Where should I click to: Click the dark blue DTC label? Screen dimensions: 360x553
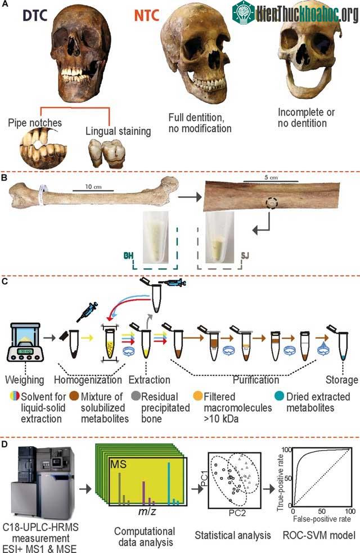click(x=35, y=16)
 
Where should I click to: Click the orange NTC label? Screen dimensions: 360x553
click(x=146, y=16)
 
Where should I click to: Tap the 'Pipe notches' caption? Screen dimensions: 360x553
click(x=35, y=123)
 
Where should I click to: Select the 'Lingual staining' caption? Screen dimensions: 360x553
click(x=118, y=131)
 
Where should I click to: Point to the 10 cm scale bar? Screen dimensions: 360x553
click(x=93, y=191)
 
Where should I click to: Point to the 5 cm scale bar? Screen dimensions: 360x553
click(x=271, y=182)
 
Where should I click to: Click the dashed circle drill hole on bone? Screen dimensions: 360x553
click(x=272, y=204)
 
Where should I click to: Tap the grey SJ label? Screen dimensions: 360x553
click(x=245, y=255)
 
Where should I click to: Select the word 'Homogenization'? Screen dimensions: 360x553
click(x=88, y=380)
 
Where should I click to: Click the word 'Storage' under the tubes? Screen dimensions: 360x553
click(x=341, y=380)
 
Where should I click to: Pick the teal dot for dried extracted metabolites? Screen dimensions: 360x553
click(x=279, y=395)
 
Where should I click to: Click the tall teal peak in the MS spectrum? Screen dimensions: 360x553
click(x=169, y=484)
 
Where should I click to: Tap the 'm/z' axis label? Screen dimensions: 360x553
click(x=147, y=511)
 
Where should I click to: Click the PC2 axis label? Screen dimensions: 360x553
click(x=237, y=512)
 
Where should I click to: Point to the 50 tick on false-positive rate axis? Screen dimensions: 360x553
click(x=322, y=511)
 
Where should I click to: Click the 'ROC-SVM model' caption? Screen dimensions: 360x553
click(x=319, y=536)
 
